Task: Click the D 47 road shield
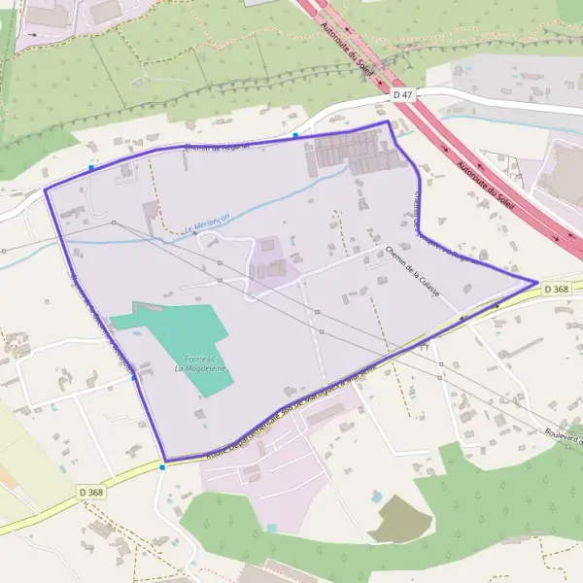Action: click(x=404, y=94)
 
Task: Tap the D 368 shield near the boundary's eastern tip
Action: click(x=556, y=290)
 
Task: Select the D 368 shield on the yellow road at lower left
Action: click(x=90, y=493)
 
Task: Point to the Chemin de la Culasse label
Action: click(x=413, y=271)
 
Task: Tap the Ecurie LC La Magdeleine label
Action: click(x=193, y=363)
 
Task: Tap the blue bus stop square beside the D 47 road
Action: click(x=295, y=135)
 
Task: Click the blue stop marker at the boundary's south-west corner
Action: click(x=163, y=467)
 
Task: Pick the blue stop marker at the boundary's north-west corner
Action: click(x=91, y=167)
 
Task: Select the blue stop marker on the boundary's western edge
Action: click(x=133, y=378)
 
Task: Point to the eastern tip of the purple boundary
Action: click(x=537, y=282)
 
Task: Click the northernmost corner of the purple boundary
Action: click(x=389, y=122)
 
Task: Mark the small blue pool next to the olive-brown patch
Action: click(x=376, y=496)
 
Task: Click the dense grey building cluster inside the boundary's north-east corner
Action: click(x=350, y=154)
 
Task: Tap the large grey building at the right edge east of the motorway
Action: click(x=564, y=175)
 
